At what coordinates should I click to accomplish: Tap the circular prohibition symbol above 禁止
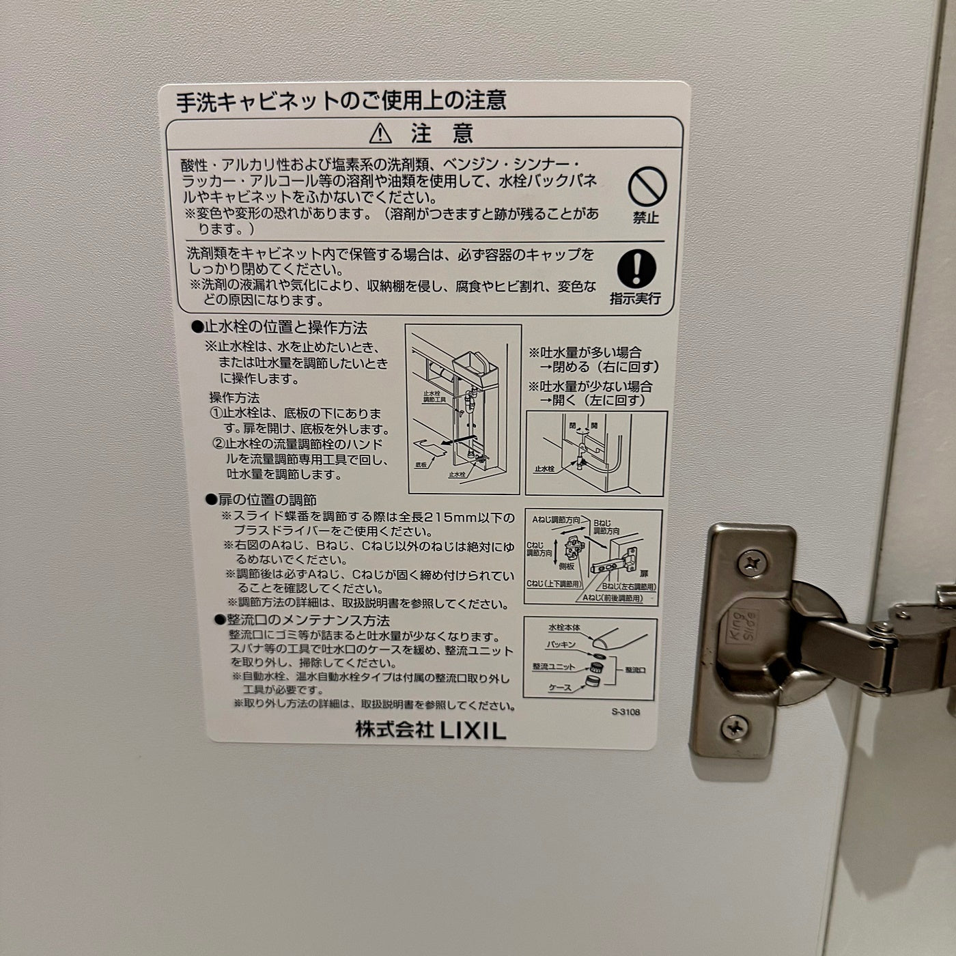click(647, 186)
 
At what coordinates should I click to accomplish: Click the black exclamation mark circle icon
click(636, 268)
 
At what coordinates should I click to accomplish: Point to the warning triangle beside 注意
click(380, 133)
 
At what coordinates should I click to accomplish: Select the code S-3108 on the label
click(625, 712)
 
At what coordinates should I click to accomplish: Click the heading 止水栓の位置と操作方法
click(279, 328)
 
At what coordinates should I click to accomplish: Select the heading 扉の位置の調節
click(262, 500)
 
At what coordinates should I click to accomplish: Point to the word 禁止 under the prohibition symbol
click(645, 217)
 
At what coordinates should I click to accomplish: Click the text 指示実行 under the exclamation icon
click(635, 298)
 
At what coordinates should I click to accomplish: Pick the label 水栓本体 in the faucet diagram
click(563, 628)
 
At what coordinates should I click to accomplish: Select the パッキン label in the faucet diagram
click(561, 645)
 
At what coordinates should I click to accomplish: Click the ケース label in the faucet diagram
click(560, 688)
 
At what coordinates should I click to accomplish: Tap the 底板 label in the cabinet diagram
click(420, 465)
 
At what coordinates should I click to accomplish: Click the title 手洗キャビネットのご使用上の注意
click(341, 100)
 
